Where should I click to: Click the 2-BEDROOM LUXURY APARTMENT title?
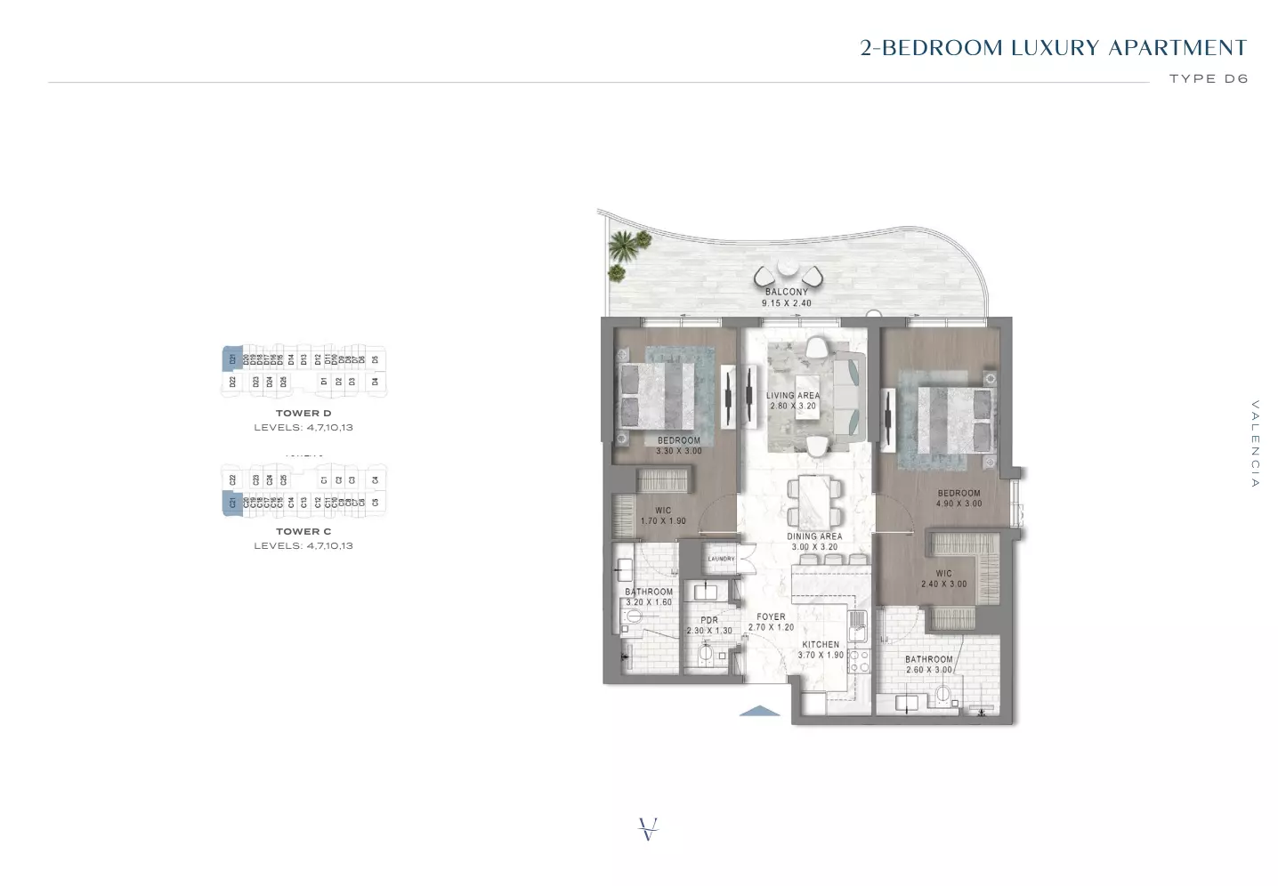(1054, 48)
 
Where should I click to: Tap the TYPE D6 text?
(1209, 78)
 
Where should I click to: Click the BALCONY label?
(787, 292)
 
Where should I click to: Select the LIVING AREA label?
(793, 395)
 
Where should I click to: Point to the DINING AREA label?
(814, 536)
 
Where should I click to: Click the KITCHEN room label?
(821, 644)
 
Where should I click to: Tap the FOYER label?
(771, 616)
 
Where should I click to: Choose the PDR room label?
(709, 620)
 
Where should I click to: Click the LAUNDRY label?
(721, 559)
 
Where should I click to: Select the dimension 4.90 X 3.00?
(958, 503)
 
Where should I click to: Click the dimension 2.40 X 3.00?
(944, 584)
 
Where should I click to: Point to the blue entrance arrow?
(760, 711)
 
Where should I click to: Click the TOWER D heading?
(303, 414)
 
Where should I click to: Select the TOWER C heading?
(303, 532)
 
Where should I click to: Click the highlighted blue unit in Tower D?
(231, 358)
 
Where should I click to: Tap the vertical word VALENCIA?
(1255, 444)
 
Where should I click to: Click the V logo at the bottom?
(649, 829)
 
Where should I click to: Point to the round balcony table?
(788, 269)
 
